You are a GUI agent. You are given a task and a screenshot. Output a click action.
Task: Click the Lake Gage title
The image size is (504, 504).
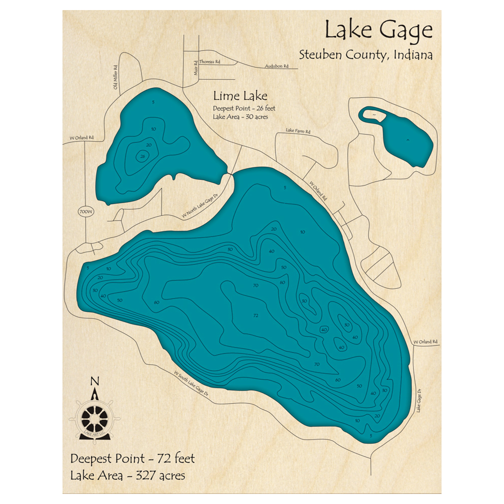[378, 30]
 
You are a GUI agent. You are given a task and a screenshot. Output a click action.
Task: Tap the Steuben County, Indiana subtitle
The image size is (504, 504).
[365, 54]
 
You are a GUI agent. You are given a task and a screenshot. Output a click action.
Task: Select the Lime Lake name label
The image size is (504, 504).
[240, 96]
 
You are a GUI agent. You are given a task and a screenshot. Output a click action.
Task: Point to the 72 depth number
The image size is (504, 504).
[256, 316]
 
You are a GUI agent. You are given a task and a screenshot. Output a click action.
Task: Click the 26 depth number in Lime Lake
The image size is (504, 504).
[142, 156]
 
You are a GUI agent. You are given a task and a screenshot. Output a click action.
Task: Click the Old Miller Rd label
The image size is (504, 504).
[115, 78]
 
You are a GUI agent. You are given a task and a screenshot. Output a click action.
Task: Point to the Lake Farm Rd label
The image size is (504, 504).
[298, 131]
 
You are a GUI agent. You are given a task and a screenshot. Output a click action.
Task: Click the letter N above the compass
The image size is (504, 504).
[94, 382]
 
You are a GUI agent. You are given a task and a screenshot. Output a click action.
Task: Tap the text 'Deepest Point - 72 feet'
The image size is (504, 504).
[132, 459]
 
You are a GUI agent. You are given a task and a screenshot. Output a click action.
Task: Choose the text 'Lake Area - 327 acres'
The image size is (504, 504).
[128, 475]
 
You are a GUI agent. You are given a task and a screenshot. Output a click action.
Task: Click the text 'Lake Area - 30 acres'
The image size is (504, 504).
[240, 116]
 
